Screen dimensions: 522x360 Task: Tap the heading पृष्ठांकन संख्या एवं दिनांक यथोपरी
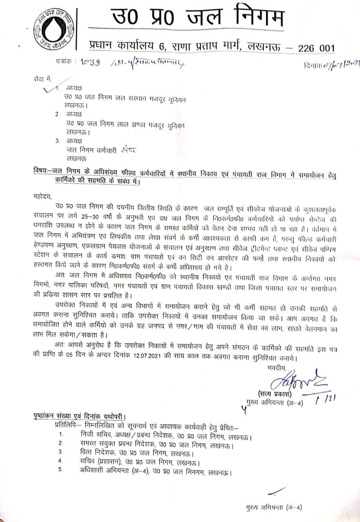click(80, 416)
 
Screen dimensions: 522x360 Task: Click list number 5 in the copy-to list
click(61, 470)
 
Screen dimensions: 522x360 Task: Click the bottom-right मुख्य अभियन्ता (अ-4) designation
click(274, 508)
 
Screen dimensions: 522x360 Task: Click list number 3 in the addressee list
click(57, 141)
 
